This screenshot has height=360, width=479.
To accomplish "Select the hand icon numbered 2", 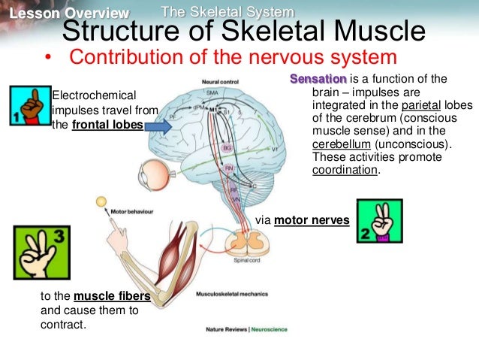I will point(379,221).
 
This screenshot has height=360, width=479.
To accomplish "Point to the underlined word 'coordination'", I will point(345,170).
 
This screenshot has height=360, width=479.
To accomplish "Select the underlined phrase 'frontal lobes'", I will point(107,125).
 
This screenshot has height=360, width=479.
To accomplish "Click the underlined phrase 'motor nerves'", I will point(312,220).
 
